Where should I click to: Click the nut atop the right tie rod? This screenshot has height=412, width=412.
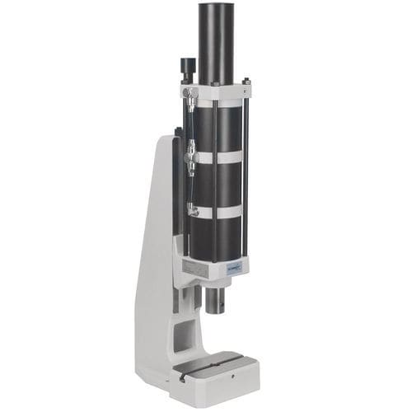[246, 81]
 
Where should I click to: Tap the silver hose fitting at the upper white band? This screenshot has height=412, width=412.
[190, 152]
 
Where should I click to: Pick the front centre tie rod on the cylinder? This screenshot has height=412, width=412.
[216, 185]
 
